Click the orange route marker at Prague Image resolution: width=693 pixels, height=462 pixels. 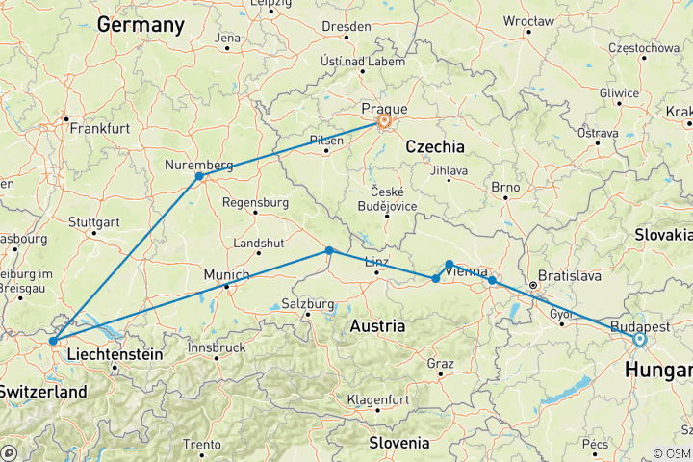click(x=384, y=122)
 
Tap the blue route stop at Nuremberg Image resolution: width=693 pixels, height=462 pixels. click(x=199, y=176)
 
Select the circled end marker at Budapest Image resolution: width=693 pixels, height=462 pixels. click(x=639, y=339)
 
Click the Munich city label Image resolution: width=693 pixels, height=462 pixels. click(x=226, y=274)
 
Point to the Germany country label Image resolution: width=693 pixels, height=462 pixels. click(x=141, y=25)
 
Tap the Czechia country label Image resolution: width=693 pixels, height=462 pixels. click(x=435, y=146)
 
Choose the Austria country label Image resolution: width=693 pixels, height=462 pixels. click(x=377, y=326)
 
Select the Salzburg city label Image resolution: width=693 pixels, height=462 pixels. click(x=307, y=304)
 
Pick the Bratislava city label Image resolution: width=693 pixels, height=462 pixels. click(x=570, y=275)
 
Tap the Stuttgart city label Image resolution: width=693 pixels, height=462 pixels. click(x=94, y=219)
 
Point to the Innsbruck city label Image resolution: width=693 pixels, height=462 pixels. click(x=216, y=346)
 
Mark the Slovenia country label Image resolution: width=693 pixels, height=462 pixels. click(x=398, y=442)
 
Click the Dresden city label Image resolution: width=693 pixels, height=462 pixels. click(x=346, y=25)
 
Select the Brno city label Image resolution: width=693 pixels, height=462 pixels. click(x=505, y=187)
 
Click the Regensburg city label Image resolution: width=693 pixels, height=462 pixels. click(x=255, y=202)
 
